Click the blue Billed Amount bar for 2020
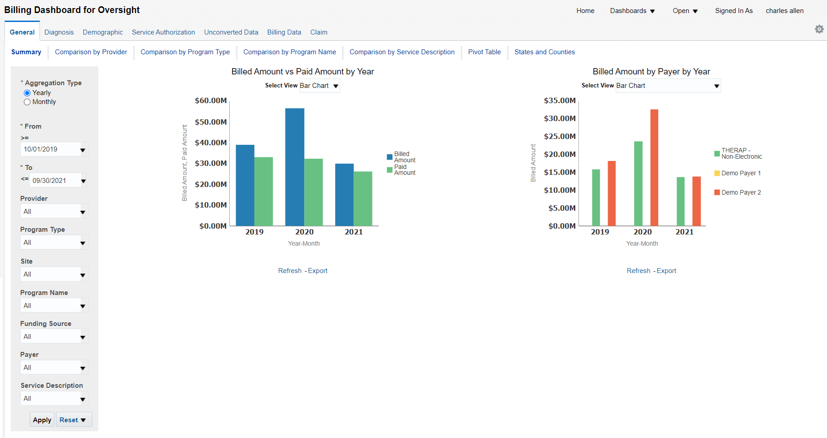tap(294, 167)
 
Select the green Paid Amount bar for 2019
tap(263, 191)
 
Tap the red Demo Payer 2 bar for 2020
tap(654, 167)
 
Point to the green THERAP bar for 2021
tap(680, 201)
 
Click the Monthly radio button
tap(27, 102)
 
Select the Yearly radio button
tap(27, 93)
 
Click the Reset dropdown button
tap(74, 420)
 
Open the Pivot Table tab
tap(484, 52)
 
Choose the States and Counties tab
tap(544, 52)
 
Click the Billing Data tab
tap(284, 32)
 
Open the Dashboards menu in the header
tap(632, 11)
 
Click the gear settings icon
tap(819, 29)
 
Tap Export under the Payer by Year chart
tap(666, 271)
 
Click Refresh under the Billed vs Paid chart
tap(289, 271)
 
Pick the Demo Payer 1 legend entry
tap(740, 173)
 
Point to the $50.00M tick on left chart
tap(210, 122)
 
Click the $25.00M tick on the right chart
tap(560, 136)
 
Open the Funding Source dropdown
tap(54, 337)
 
